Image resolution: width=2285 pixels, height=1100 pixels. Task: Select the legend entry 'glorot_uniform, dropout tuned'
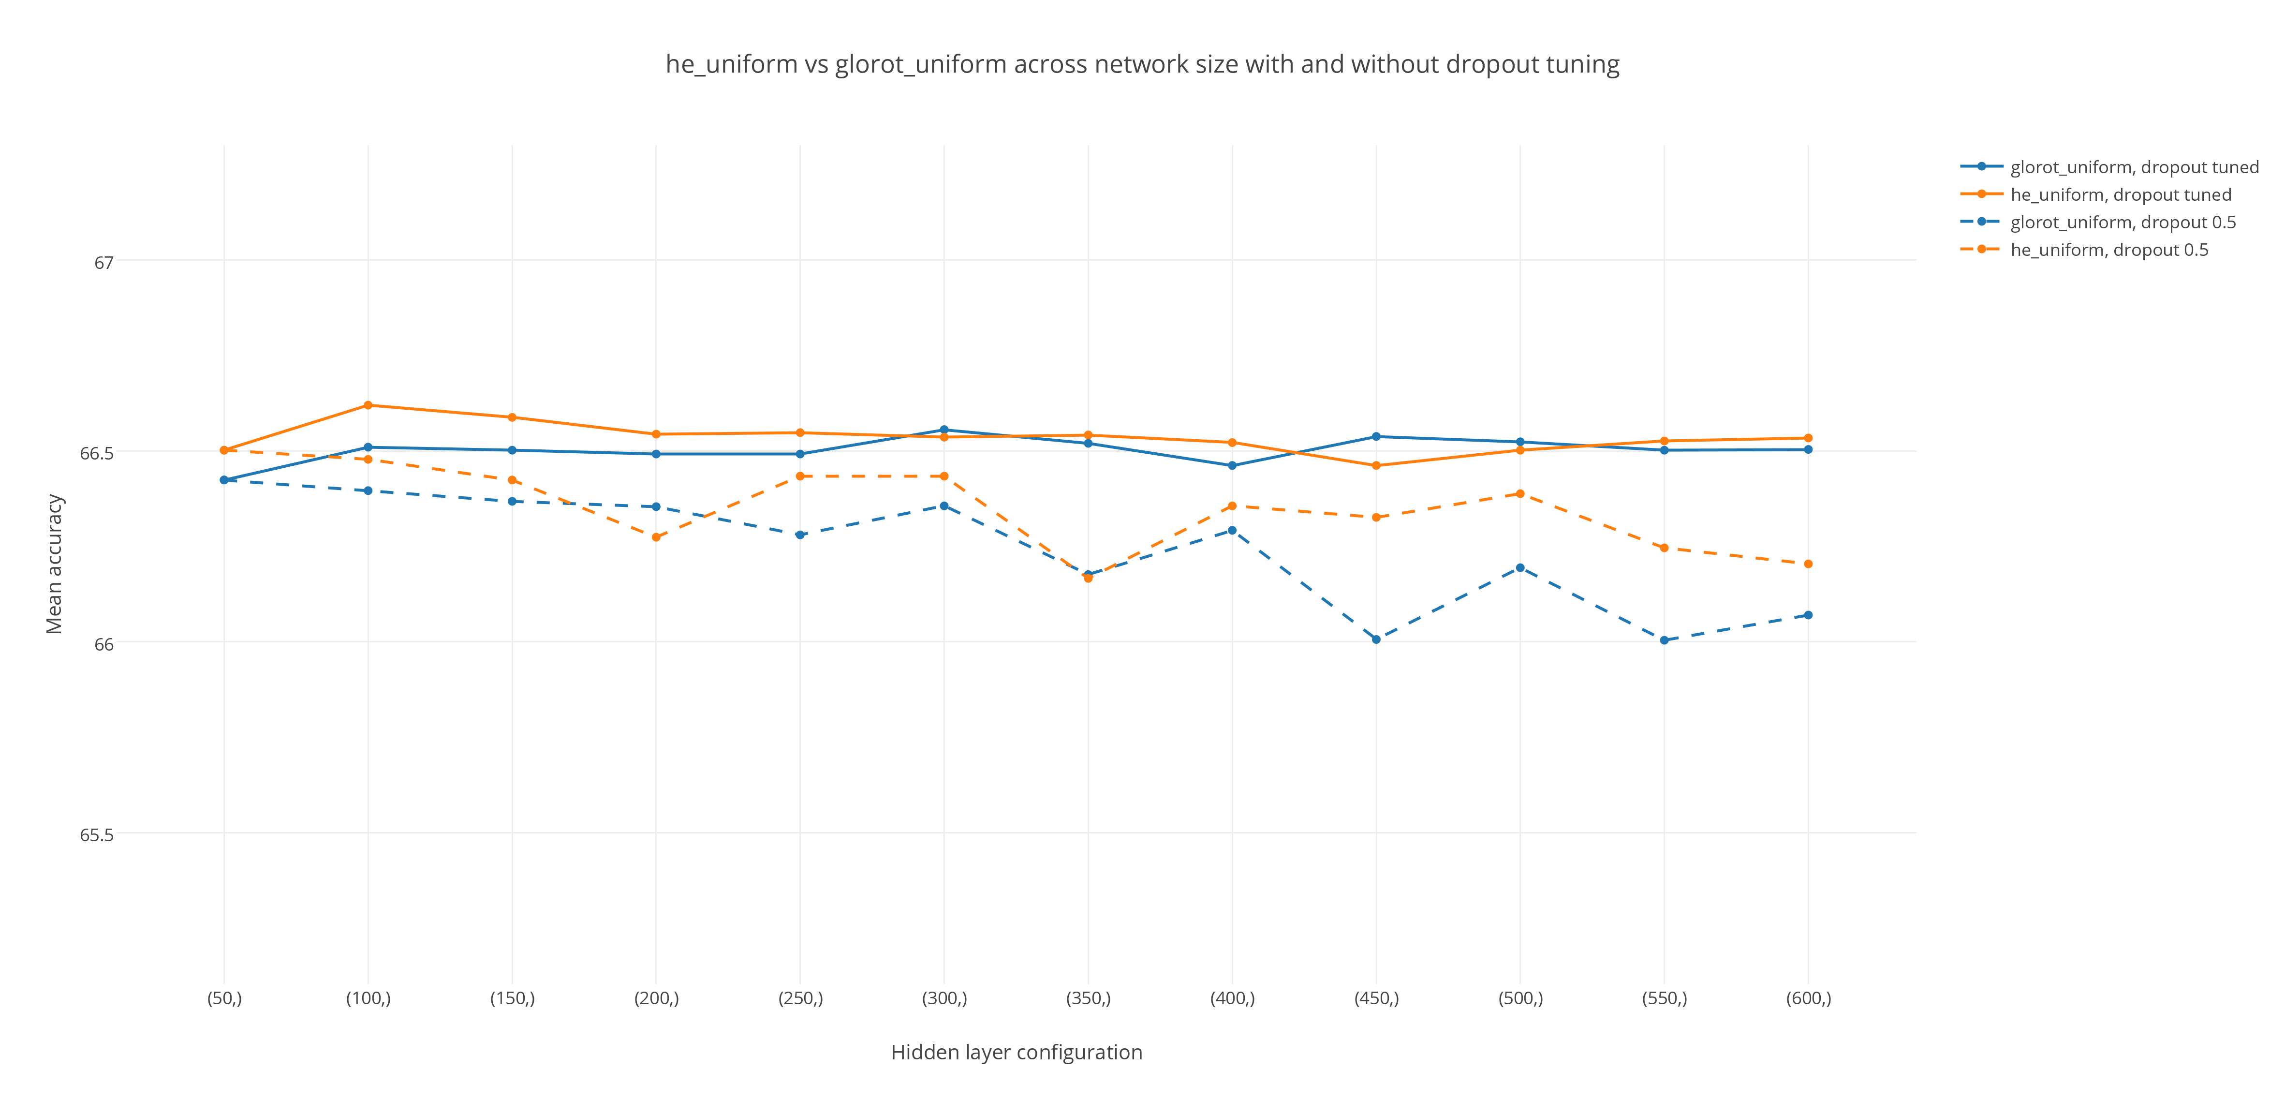[x=2133, y=167]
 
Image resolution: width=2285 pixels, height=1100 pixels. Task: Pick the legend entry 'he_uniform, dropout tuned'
[x=2120, y=194]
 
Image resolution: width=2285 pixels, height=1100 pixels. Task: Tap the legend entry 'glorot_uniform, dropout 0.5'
[x=2122, y=222]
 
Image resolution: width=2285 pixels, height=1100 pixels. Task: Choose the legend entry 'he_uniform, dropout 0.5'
[x=2108, y=249]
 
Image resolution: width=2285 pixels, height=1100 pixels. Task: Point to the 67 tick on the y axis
[x=104, y=263]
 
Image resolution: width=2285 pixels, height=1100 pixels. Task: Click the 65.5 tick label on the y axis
[x=97, y=835]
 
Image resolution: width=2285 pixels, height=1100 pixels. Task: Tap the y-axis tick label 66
[x=104, y=644]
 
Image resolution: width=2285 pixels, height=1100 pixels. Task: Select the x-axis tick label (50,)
[x=224, y=998]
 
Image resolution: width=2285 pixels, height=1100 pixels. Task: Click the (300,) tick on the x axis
[x=944, y=998]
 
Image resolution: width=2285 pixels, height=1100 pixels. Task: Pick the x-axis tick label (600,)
[x=1808, y=998]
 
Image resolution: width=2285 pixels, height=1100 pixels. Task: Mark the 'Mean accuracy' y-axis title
[x=54, y=564]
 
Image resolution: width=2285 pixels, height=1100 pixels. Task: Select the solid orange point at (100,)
[x=368, y=405]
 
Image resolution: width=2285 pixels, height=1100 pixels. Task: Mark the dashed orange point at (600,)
[x=1808, y=564]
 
